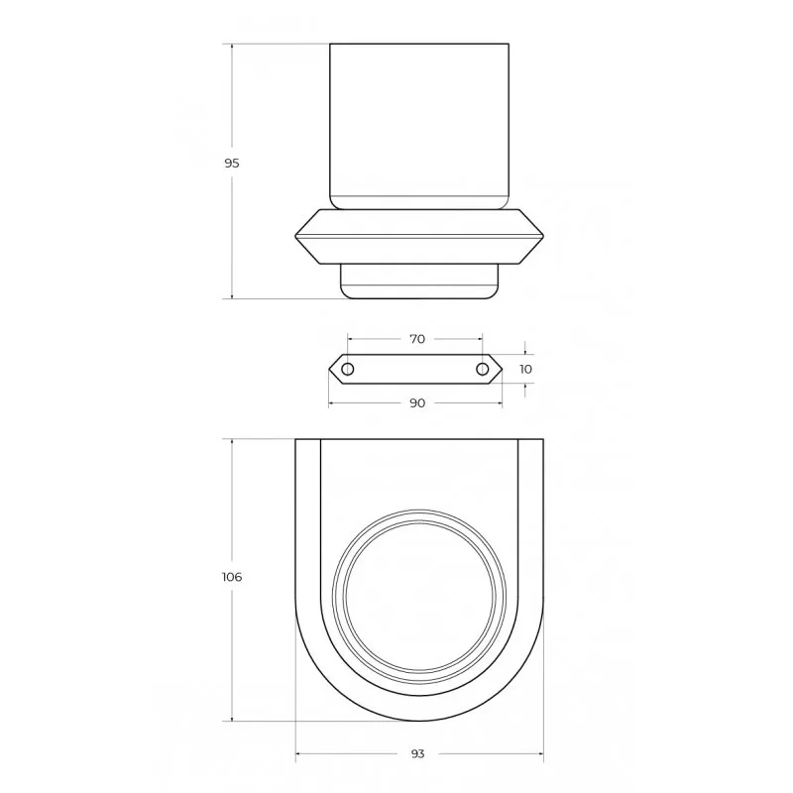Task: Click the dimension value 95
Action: coord(232,164)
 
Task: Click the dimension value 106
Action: coord(232,577)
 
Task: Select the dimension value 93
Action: coord(417,754)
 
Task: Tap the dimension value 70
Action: coord(417,339)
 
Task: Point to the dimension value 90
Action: coord(417,403)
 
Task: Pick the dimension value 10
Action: coord(525,369)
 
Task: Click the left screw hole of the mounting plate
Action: coord(348,369)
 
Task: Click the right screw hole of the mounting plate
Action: coord(483,369)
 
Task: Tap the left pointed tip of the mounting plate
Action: coord(329,369)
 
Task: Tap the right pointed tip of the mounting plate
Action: coord(503,369)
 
